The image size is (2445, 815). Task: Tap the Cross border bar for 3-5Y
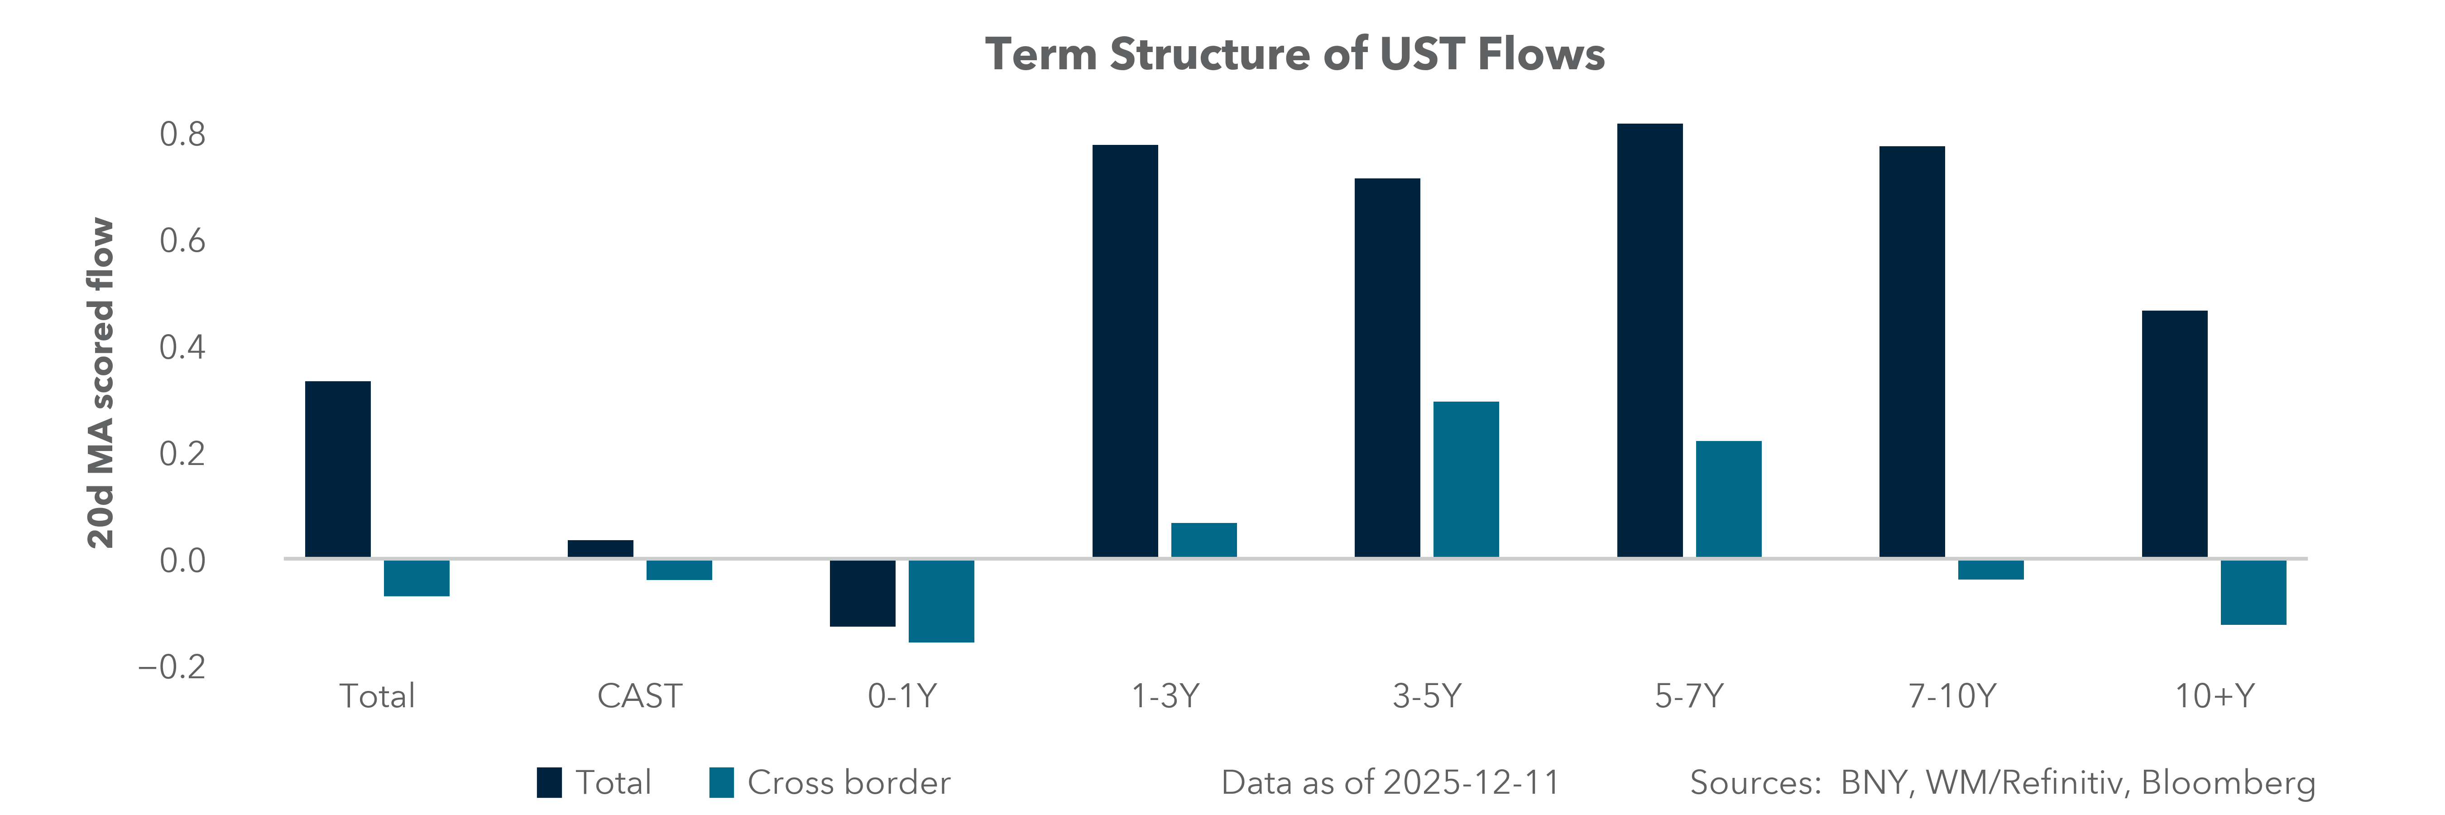(x=1466, y=479)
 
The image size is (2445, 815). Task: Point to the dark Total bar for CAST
(x=600, y=548)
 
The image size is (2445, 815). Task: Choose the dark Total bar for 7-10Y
(x=1912, y=351)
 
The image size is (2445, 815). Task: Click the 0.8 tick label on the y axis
(x=182, y=135)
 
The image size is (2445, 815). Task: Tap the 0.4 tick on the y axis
(x=182, y=347)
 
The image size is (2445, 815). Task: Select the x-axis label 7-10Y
(x=1951, y=696)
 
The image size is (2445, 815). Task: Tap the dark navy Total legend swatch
(x=549, y=783)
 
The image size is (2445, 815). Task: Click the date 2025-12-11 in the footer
(x=1471, y=783)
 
